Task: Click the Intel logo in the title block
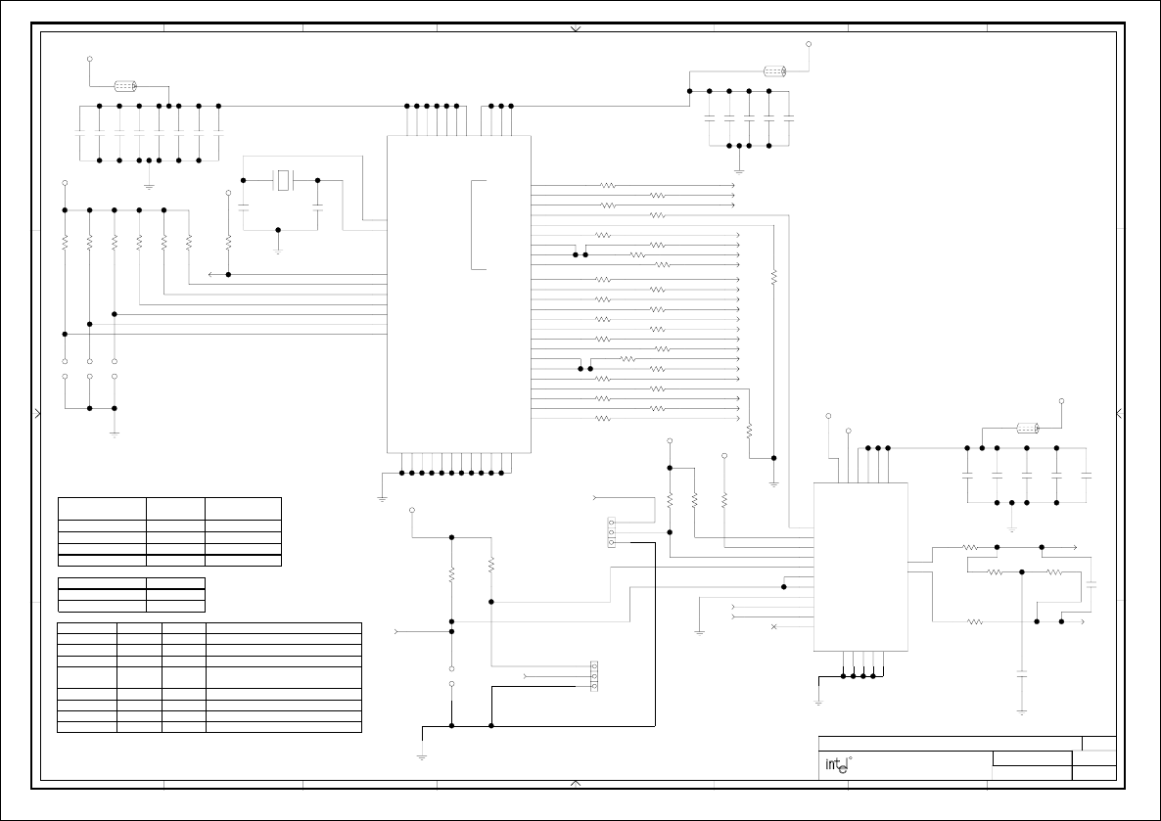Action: coord(835,766)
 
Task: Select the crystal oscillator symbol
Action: coord(283,180)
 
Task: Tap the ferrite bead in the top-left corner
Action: coord(125,86)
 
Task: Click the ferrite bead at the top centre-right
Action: coord(775,70)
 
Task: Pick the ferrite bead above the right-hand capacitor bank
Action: coord(1027,428)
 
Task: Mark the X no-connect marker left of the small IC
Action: coord(774,625)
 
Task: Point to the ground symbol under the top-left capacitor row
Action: coord(149,183)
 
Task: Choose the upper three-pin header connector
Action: coord(612,532)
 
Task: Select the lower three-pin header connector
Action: coord(593,676)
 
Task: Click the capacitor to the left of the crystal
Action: coord(243,206)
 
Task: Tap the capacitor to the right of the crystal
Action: coord(318,206)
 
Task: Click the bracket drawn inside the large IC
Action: coord(476,224)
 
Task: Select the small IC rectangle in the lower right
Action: coord(860,567)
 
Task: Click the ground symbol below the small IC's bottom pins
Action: coord(818,700)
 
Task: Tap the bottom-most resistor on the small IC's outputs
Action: coord(974,621)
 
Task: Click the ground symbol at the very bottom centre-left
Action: coord(422,754)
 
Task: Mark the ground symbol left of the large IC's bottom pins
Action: coord(382,497)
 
